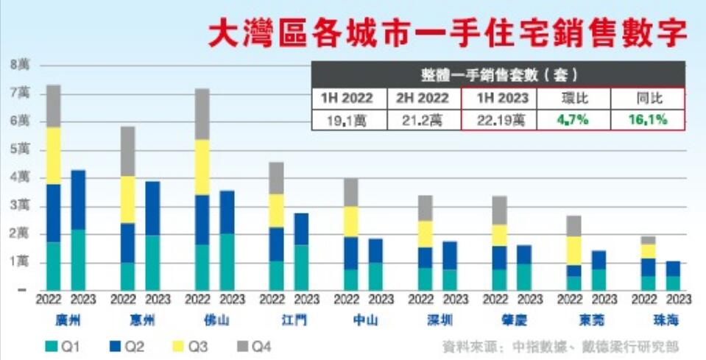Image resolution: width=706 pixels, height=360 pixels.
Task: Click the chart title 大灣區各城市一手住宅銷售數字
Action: tap(447, 32)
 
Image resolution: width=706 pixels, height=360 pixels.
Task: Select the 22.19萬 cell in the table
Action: tap(498, 119)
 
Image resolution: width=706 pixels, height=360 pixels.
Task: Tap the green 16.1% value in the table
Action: tap(648, 119)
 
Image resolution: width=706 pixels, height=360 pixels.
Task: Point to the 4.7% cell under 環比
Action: tap(572, 119)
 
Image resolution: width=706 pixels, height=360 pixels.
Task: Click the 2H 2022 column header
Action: tap(423, 97)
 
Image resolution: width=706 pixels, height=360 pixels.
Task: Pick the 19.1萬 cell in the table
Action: tap(349, 119)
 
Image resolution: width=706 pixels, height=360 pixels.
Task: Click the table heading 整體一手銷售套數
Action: tap(498, 74)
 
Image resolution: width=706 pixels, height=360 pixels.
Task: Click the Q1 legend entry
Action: tap(62, 345)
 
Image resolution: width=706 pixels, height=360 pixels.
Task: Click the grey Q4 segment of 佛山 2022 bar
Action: tap(202, 114)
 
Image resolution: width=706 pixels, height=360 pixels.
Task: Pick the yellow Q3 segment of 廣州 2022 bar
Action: tap(54, 155)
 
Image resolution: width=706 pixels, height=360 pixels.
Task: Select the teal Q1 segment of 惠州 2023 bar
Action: tap(152, 262)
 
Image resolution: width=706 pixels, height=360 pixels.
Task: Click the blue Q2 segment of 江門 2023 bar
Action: tap(301, 229)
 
